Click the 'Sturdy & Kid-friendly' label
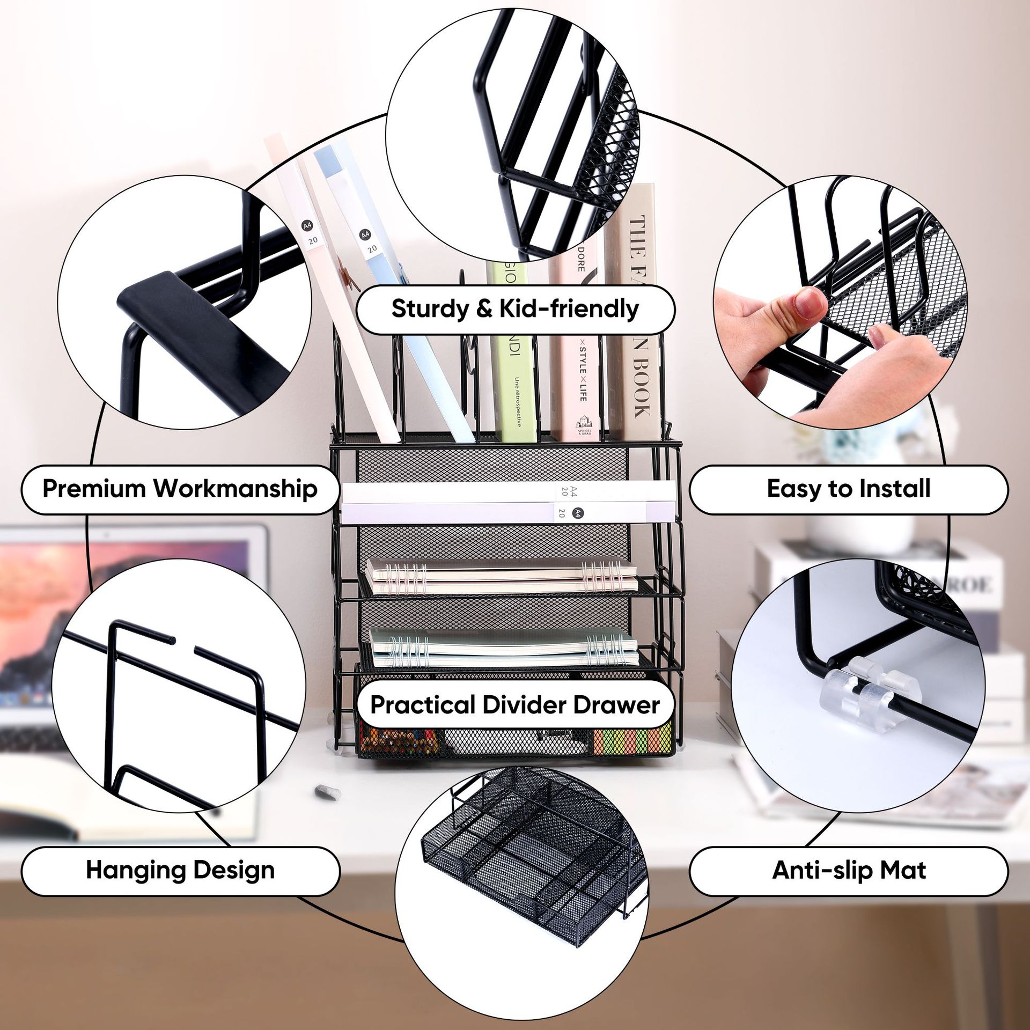[515, 310]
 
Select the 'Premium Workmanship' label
[180, 489]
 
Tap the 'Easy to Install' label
[848, 489]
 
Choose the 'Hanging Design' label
[180, 870]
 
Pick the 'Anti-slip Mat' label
[848, 870]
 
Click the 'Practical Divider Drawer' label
[515, 704]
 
